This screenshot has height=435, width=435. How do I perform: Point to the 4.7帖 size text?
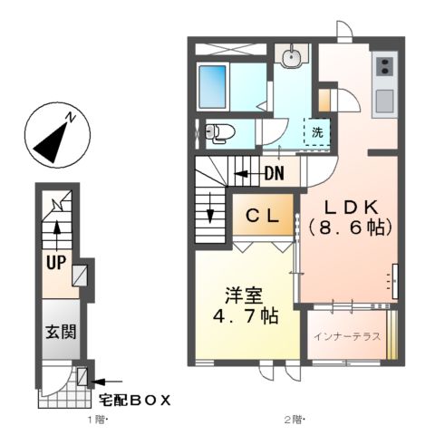tap(245, 317)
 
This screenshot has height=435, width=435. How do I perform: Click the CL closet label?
tap(263, 217)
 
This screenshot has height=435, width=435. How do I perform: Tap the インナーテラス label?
tap(347, 336)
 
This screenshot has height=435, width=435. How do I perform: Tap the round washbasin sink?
tap(291, 59)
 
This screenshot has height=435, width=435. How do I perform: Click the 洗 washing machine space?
tap(317, 132)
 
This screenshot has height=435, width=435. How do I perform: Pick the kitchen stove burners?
tap(384, 66)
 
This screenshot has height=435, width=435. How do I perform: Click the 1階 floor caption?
tap(98, 420)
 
